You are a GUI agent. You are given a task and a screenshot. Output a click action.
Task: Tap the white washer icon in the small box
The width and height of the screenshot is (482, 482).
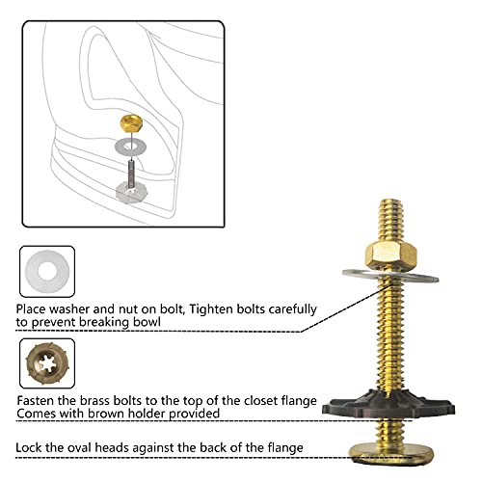41,275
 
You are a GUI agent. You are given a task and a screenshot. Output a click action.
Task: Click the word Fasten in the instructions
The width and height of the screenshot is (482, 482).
39,399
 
